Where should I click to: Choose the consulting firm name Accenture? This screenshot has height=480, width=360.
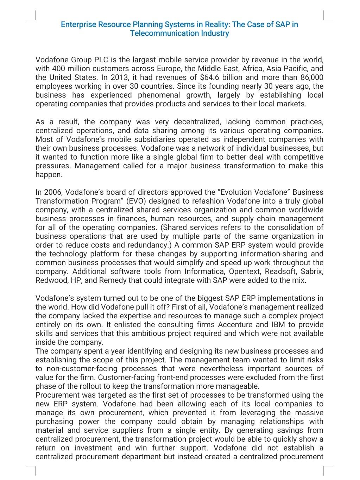(x=238, y=325)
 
